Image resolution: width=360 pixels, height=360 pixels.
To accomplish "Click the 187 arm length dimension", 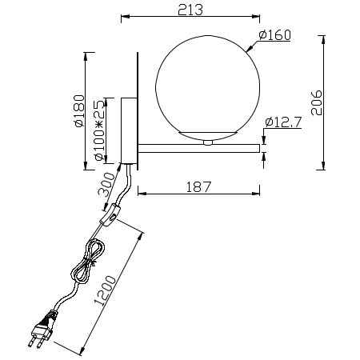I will tap(198, 186).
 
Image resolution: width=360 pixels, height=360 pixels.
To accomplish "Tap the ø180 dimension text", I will tap(78, 112).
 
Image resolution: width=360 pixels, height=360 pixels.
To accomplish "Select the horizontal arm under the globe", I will tap(200, 146).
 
